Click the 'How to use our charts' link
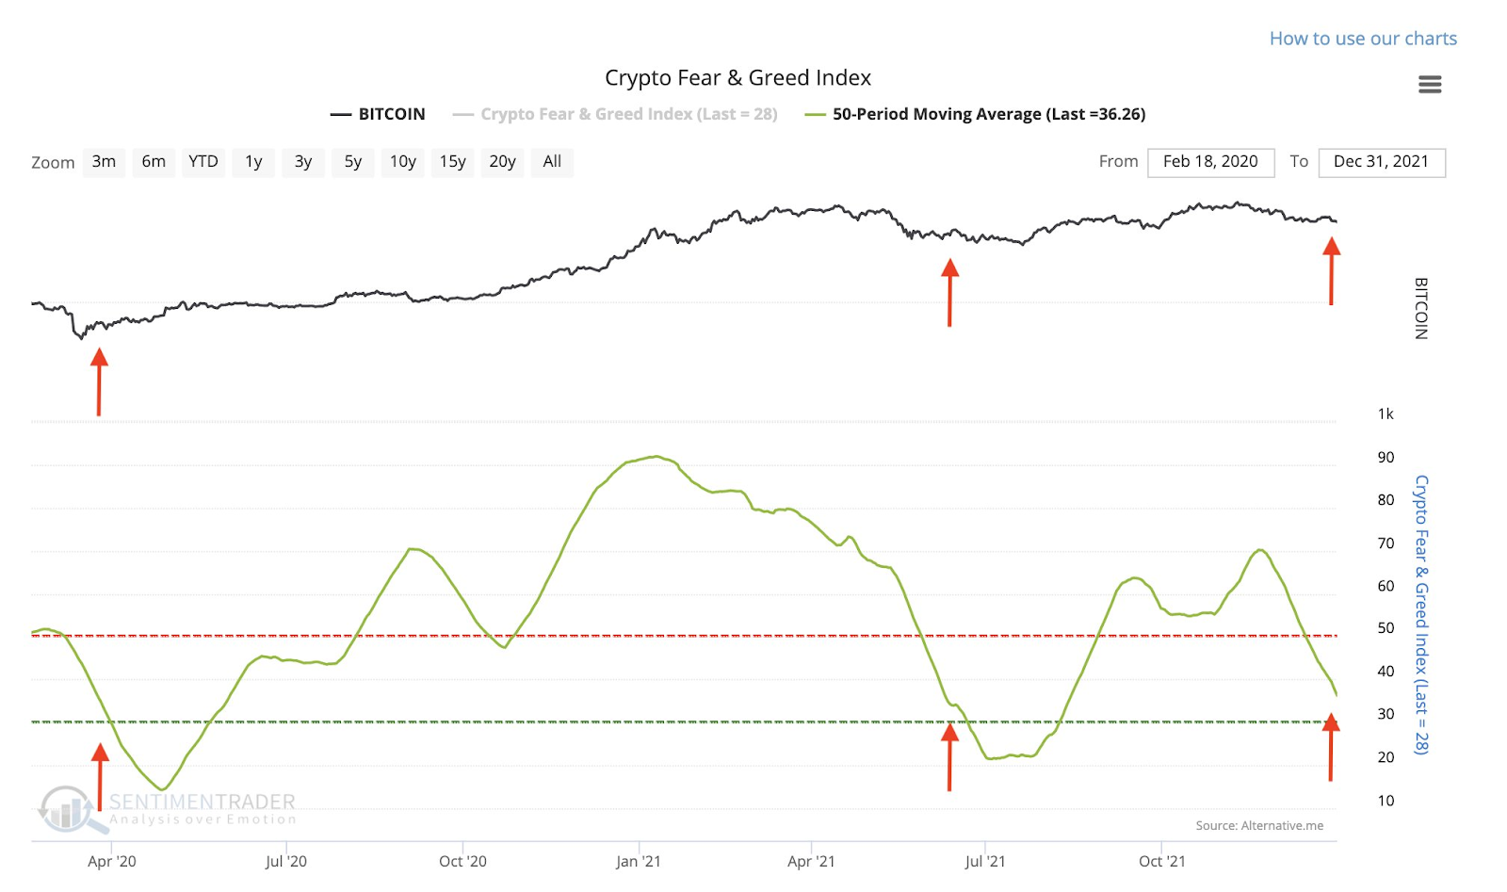1362,39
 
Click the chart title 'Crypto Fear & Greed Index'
737,78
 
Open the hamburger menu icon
1429,85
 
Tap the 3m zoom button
104,162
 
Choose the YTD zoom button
203,162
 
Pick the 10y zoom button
402,162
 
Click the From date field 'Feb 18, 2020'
1210,162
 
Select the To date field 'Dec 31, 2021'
1381,162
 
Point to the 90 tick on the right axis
1385,458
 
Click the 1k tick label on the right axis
1385,414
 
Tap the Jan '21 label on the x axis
638,861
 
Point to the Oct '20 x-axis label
462,861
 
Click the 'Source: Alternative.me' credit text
1259,826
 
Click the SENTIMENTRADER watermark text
202,802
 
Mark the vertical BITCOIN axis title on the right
1421,308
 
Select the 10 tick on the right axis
1385,801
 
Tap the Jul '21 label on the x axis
984,861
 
